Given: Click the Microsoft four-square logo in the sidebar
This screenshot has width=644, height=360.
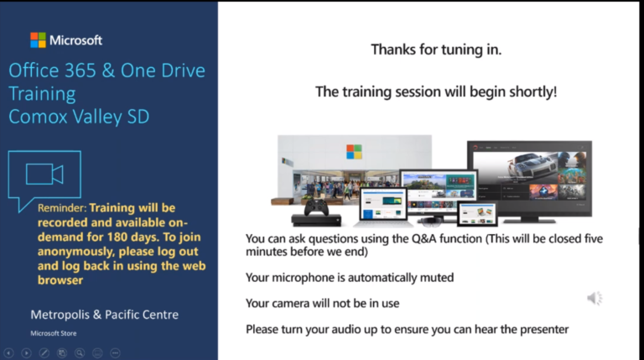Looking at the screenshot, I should click(x=38, y=39).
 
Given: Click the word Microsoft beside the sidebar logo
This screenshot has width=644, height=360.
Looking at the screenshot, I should click(x=75, y=39).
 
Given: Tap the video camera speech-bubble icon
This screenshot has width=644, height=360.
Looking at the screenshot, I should click(x=44, y=175).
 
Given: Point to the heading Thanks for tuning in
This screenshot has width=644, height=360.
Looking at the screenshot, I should click(x=436, y=50).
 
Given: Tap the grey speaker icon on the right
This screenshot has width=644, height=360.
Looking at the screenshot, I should click(x=594, y=298).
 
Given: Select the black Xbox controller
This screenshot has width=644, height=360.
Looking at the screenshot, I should click(x=318, y=208).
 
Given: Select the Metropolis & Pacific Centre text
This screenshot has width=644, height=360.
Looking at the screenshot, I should click(x=104, y=315).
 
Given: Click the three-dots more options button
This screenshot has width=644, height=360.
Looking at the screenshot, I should click(x=115, y=352).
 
